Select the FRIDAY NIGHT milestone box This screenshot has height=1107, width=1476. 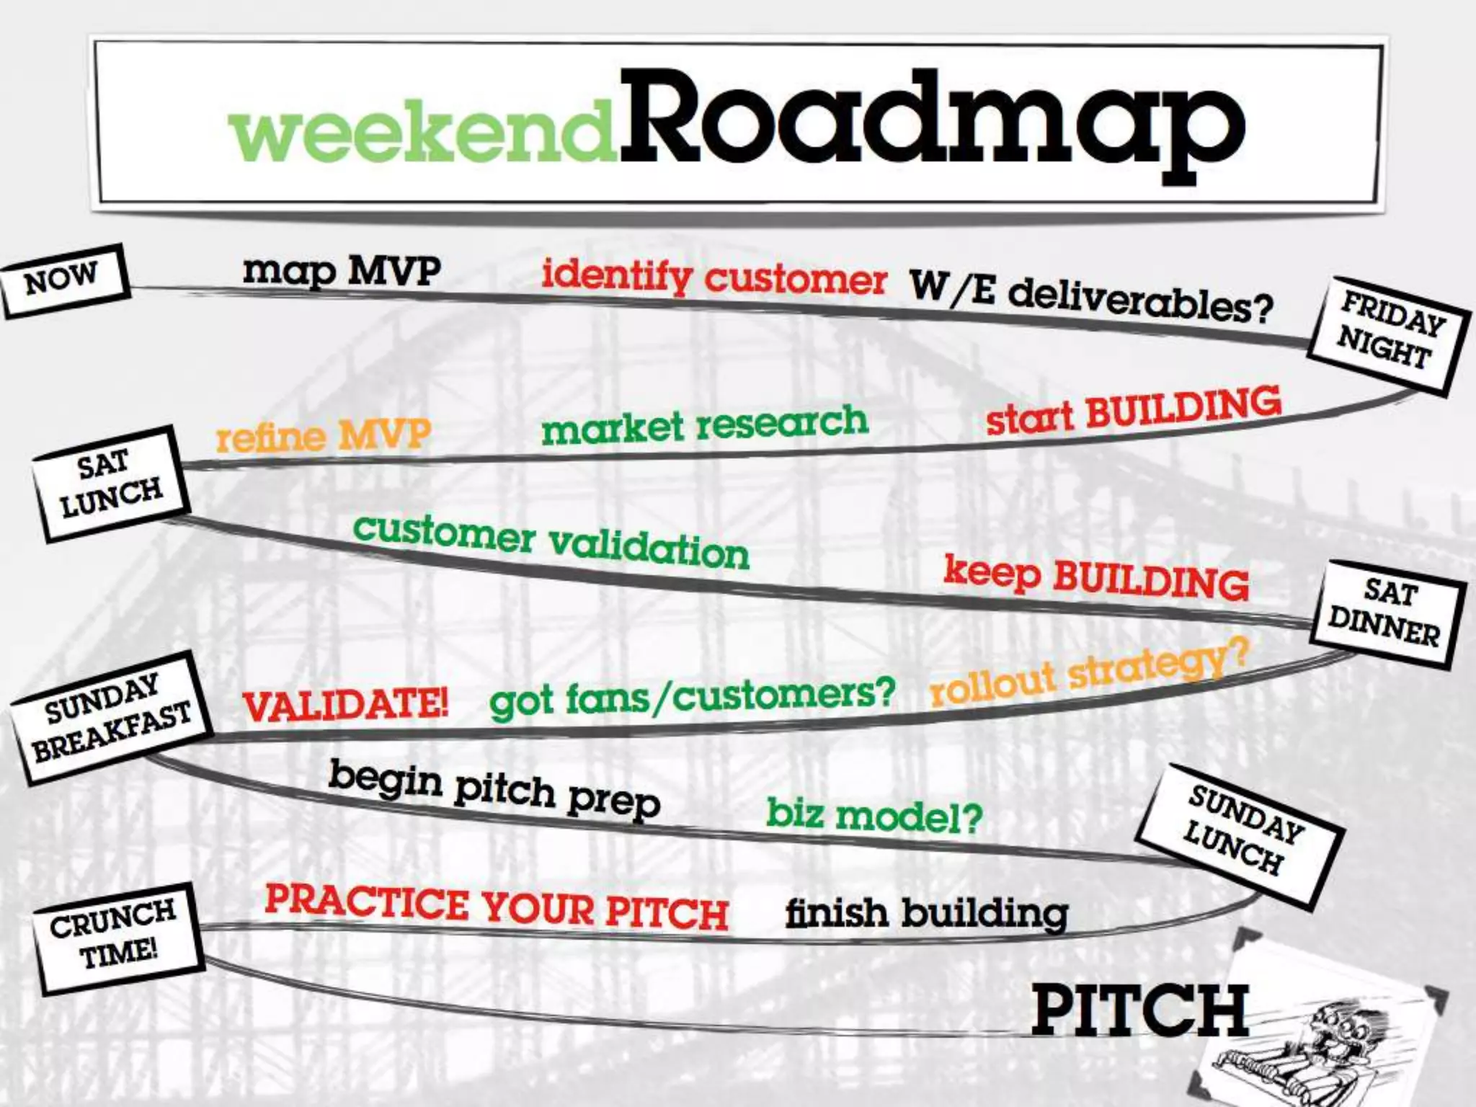click(1388, 336)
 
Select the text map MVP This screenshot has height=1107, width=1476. click(342, 272)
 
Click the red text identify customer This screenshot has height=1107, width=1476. click(713, 277)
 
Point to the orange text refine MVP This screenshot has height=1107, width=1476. click(324, 435)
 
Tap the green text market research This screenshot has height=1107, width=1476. click(704, 425)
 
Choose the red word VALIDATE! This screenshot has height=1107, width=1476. click(346, 705)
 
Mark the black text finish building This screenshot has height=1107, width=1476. click(926, 914)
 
